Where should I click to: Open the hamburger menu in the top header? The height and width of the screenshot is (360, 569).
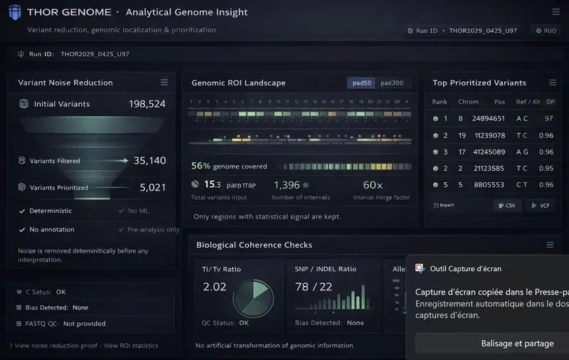(x=555, y=12)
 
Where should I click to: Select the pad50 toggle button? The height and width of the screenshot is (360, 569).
(x=361, y=83)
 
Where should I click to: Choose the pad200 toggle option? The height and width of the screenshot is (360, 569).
(x=392, y=83)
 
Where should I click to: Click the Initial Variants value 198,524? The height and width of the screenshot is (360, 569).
(x=147, y=104)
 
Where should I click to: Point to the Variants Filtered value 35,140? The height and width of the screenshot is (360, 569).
(x=149, y=161)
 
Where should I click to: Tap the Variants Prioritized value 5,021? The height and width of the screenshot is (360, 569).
(x=152, y=188)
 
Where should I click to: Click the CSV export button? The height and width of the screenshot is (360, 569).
(x=509, y=206)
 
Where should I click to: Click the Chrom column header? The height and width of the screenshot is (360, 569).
(x=468, y=102)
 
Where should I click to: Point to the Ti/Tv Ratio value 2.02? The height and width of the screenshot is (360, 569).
(x=215, y=287)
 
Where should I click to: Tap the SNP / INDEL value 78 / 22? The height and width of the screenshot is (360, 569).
(x=313, y=287)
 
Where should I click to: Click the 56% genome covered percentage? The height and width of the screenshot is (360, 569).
(x=201, y=166)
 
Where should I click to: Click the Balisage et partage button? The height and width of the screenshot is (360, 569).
(x=517, y=344)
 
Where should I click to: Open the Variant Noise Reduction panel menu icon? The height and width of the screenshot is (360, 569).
(x=164, y=83)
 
